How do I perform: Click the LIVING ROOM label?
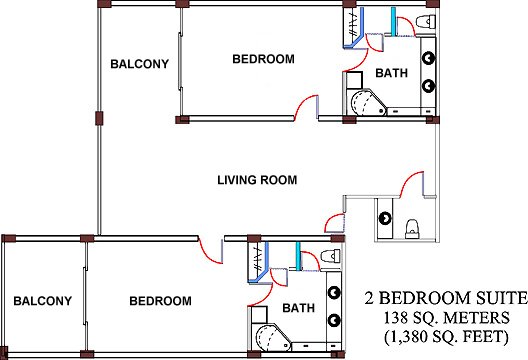tap(257, 180)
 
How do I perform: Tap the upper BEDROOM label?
tap(263, 59)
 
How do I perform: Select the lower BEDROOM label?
tap(160, 301)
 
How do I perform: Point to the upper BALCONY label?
tap(139, 64)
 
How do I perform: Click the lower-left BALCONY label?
tap(42, 301)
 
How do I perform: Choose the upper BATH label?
tap(391, 73)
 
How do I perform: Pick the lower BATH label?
tap(298, 308)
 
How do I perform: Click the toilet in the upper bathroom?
tap(425, 22)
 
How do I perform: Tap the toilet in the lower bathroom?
tap(331, 256)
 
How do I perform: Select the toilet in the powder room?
tap(412, 228)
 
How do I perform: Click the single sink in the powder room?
tap(385, 219)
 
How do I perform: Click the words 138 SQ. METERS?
tap(447, 318)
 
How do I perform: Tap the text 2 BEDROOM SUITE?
tap(446, 298)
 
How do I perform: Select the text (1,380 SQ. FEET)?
tap(446, 337)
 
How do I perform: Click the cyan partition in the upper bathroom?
tap(393, 21)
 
